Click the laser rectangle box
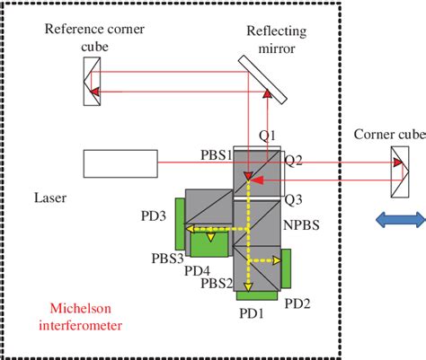click(x=120, y=162)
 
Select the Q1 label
click(x=268, y=136)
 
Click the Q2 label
click(x=294, y=161)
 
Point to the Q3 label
click(x=293, y=198)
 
